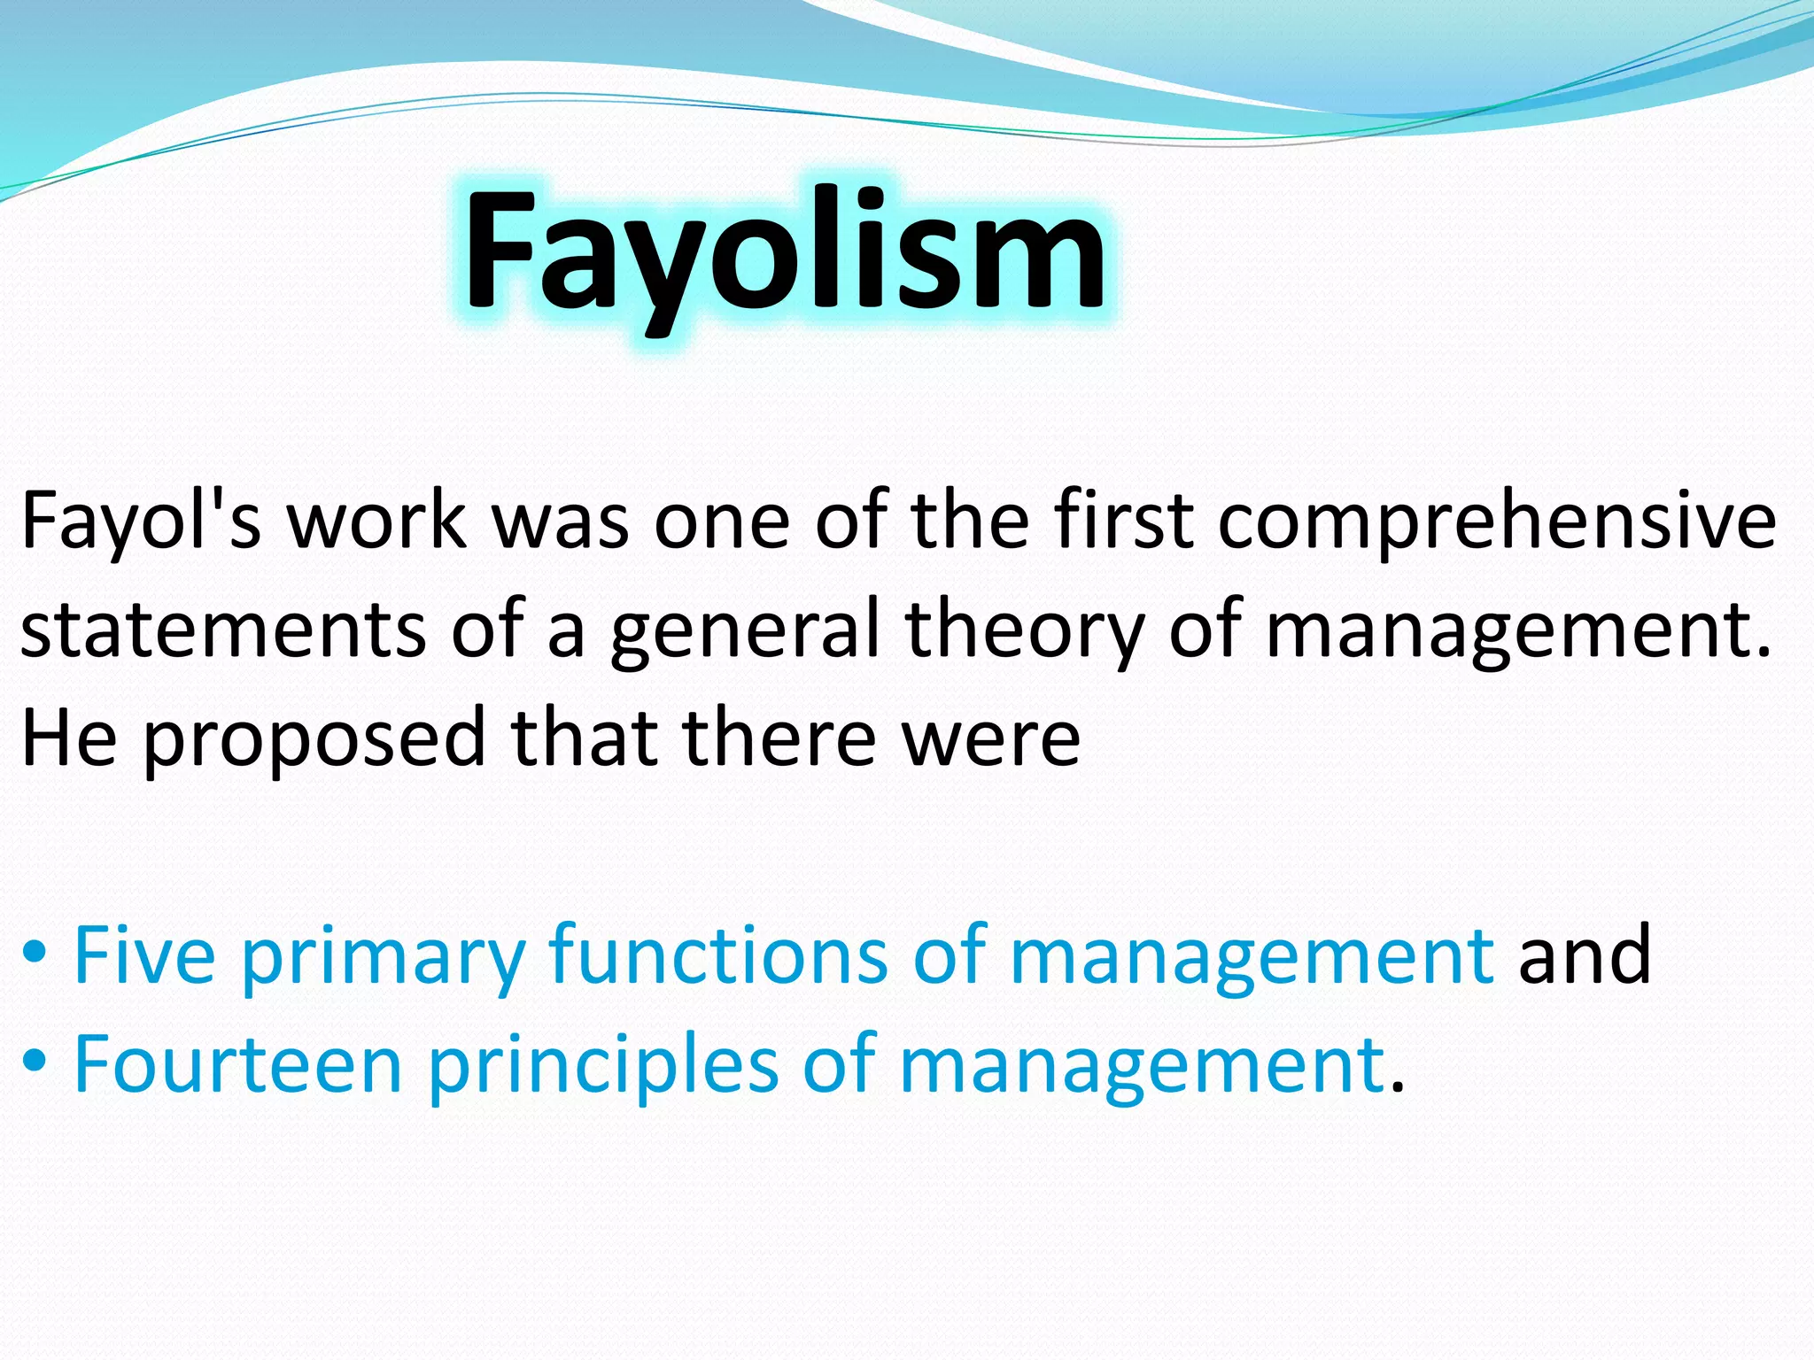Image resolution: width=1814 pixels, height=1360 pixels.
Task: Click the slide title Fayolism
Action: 785,252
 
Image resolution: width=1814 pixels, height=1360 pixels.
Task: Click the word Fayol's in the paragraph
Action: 142,522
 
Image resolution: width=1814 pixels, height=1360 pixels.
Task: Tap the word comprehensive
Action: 1497,522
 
